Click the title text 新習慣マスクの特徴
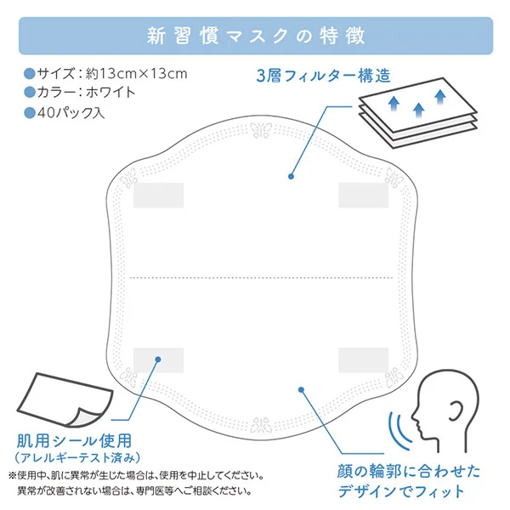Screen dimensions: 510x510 256,36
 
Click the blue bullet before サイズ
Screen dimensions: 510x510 30,73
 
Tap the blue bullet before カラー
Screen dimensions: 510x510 30,93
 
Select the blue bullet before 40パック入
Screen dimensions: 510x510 30,113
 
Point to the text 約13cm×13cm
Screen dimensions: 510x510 137,74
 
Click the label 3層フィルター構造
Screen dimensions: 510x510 323,76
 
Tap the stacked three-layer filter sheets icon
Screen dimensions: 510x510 418,113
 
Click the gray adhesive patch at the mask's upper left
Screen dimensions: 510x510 158,195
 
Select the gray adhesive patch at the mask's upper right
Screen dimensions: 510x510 363,195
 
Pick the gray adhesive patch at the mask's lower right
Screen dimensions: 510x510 363,360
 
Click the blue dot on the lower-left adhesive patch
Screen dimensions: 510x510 158,360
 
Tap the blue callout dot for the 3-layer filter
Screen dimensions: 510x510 291,176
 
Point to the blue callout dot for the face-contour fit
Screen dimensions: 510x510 301,389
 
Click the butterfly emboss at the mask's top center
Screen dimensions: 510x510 261,130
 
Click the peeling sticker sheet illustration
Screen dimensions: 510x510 65,400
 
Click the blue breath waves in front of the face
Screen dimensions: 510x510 399,430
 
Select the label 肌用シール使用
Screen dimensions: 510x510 74,441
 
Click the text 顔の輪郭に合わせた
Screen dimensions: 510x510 409,471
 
